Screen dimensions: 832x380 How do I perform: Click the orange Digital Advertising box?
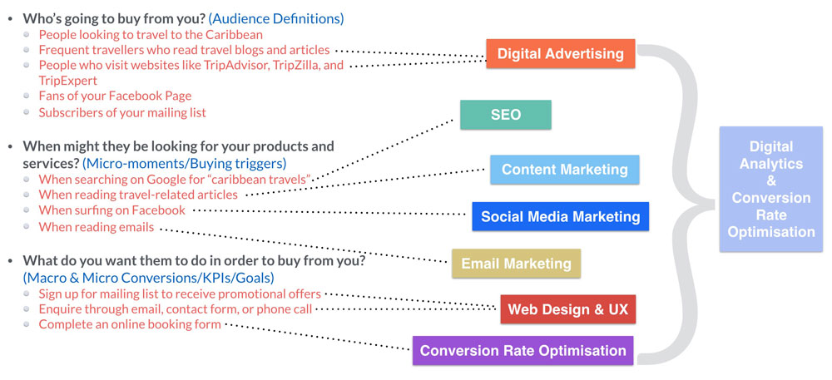(560, 53)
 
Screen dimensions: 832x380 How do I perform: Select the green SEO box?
(506, 115)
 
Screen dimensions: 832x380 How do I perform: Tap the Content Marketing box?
(565, 170)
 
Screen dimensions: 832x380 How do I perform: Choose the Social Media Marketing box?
(560, 216)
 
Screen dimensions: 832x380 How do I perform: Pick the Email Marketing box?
(517, 264)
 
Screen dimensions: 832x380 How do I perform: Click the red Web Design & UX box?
(567, 309)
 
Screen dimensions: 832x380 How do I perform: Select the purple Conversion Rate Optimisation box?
(522, 350)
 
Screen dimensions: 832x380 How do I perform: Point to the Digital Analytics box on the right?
(771, 190)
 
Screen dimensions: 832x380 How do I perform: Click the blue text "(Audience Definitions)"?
(276, 19)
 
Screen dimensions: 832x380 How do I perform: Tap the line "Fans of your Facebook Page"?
(115, 96)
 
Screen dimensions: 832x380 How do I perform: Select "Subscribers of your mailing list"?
(122, 112)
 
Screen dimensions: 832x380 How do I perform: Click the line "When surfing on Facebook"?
(112, 210)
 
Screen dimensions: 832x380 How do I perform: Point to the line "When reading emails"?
(96, 227)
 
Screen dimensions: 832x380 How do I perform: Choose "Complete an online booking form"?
(130, 324)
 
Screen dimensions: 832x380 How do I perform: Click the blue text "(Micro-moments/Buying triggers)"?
(184, 162)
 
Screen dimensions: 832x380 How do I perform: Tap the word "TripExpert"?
(68, 81)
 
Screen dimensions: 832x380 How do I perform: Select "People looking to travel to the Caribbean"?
(151, 35)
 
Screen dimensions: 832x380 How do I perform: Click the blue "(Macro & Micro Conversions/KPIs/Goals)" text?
(149, 277)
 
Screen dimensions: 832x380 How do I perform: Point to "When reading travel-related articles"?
(138, 195)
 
